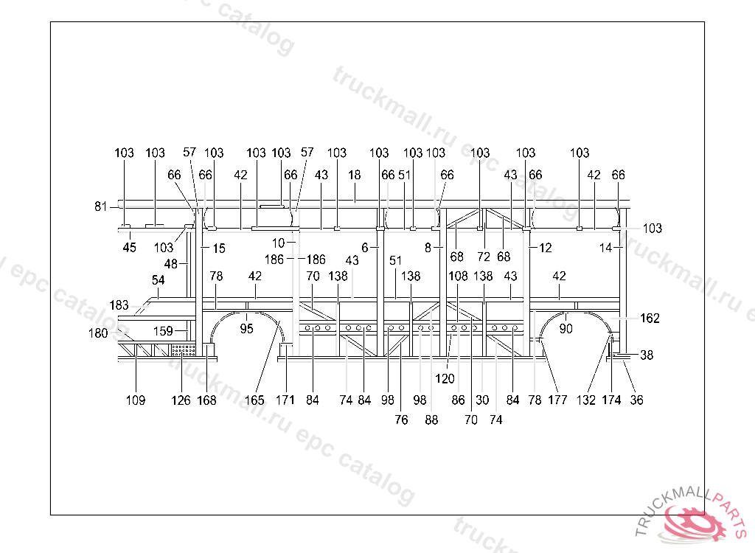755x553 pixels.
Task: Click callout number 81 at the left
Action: point(101,206)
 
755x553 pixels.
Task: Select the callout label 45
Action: point(129,248)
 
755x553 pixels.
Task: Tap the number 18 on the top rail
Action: point(355,175)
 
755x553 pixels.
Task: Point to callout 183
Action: point(119,305)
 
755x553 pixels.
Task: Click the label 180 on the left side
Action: point(98,333)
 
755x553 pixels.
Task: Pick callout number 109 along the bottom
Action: point(135,400)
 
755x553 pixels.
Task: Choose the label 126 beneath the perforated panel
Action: point(181,400)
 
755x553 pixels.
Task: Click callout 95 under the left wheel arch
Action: point(246,329)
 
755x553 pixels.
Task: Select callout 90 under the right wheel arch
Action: point(566,329)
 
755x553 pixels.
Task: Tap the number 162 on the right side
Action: point(650,319)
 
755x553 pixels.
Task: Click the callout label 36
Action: point(637,400)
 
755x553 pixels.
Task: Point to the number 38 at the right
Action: point(647,355)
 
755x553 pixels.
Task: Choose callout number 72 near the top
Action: point(483,257)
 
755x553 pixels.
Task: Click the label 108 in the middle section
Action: point(459,276)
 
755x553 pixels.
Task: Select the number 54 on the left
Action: point(159,280)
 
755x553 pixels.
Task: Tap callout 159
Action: point(164,332)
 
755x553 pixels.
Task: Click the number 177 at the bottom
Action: point(557,400)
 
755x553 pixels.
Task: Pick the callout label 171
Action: point(285,400)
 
